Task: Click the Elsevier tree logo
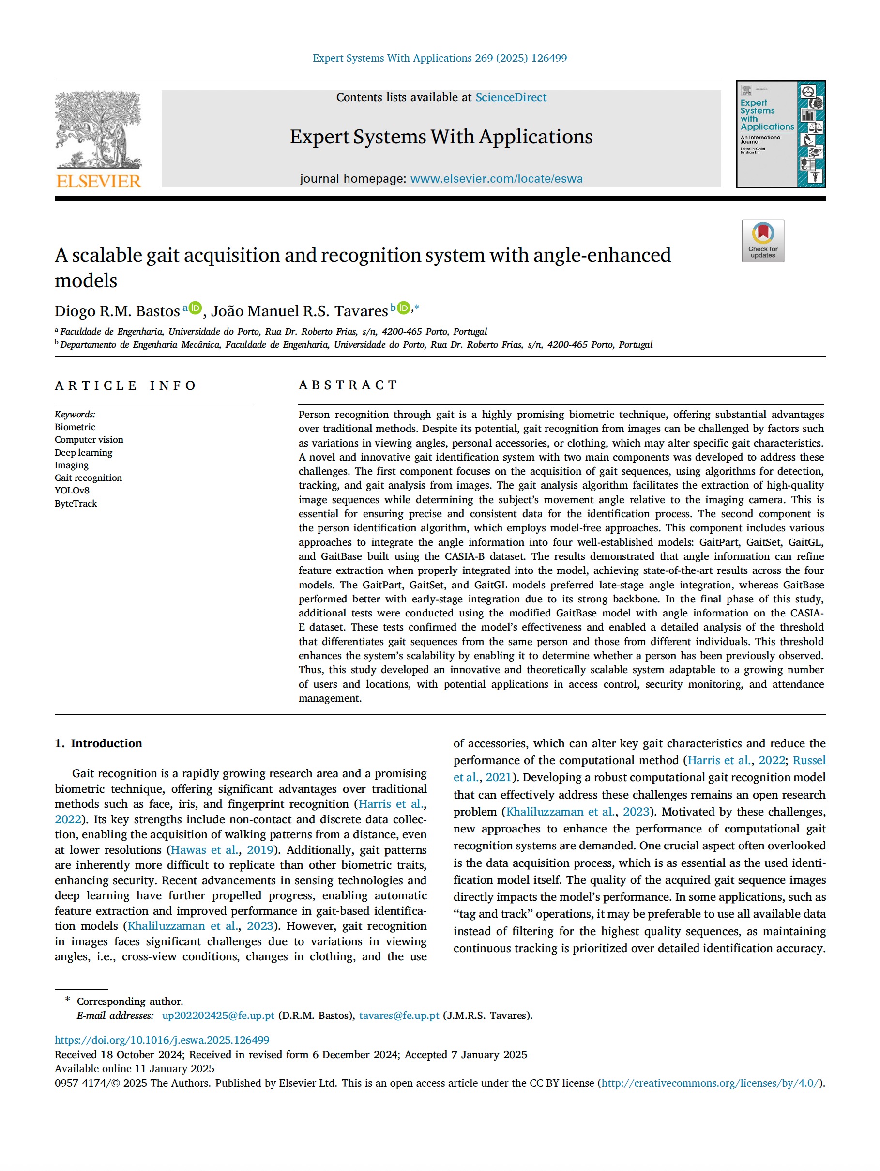click(x=98, y=129)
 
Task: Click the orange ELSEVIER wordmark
click(x=98, y=182)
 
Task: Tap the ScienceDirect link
click(x=511, y=97)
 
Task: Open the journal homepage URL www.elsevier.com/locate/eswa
click(x=496, y=178)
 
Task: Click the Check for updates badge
click(x=762, y=241)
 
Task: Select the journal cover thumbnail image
click(x=780, y=135)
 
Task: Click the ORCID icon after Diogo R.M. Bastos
click(x=195, y=308)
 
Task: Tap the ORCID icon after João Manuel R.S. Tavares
click(x=403, y=308)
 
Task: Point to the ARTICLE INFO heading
click(x=125, y=385)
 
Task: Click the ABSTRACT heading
click(x=348, y=385)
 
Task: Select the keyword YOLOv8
click(x=72, y=490)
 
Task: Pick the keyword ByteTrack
click(x=76, y=504)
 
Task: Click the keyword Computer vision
click(x=89, y=439)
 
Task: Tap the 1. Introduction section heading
click(x=98, y=743)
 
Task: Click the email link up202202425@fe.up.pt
click(x=218, y=1016)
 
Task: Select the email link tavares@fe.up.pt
click(x=399, y=1016)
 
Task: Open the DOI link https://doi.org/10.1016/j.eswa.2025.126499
click(x=162, y=1040)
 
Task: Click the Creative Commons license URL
click(x=710, y=1083)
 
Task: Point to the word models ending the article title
click(x=86, y=280)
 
